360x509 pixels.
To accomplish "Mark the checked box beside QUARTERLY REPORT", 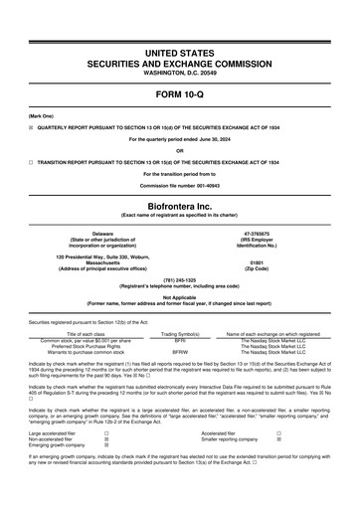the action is (32, 127).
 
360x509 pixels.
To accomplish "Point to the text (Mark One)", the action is (41, 115).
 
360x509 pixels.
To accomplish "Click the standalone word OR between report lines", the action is (179, 151).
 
